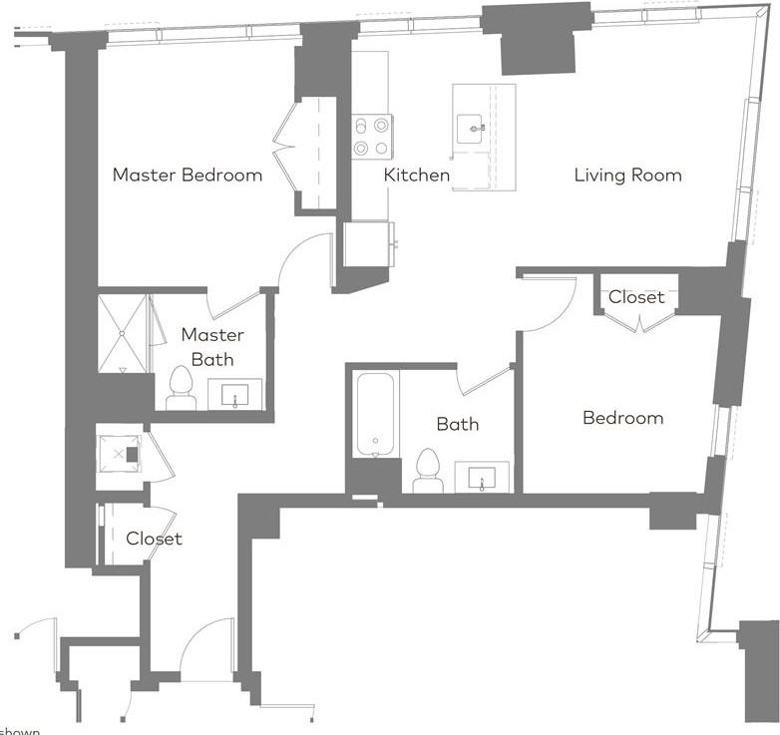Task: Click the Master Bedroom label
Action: pos(188,176)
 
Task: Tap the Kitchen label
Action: pos(417,176)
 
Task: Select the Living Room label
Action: pos(627,176)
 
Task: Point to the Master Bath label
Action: pos(211,347)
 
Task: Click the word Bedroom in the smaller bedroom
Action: pos(622,418)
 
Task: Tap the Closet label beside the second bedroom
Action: pos(636,297)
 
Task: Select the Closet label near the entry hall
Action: pos(154,539)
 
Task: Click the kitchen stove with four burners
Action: pos(371,137)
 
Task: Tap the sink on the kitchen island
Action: pos(470,127)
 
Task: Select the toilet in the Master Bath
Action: pos(181,388)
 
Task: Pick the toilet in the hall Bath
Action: pos(428,471)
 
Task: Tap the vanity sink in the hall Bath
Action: pos(482,478)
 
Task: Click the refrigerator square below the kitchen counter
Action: pos(368,243)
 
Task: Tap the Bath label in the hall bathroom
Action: pos(457,424)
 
